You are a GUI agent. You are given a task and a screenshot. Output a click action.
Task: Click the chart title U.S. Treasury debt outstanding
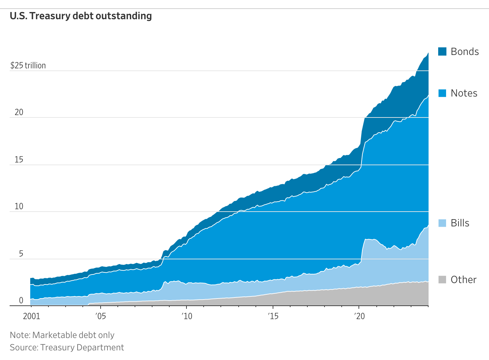coord(81,16)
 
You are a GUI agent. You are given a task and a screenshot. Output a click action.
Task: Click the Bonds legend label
coord(465,52)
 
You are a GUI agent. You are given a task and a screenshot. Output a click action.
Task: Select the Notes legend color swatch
coord(442,93)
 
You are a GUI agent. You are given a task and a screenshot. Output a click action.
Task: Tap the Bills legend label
coord(460,223)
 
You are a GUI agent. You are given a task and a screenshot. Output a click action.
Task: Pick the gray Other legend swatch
coord(442,280)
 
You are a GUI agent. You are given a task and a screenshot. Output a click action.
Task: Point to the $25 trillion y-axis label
coord(28,65)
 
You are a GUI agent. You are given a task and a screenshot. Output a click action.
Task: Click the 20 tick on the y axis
coord(19,112)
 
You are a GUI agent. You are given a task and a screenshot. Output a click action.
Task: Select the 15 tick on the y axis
coord(19,160)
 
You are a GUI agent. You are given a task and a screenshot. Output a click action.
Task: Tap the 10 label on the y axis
coord(19,206)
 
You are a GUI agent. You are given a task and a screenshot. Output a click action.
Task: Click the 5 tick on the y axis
coord(21,254)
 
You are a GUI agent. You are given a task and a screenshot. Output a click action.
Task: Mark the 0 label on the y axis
coord(21,301)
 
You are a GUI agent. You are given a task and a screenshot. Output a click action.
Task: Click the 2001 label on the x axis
coord(32,316)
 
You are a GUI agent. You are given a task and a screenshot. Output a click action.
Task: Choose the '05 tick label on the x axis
coord(100,316)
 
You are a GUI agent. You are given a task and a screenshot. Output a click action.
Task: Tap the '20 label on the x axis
coord(359,316)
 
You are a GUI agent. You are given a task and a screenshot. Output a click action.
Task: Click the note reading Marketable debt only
coord(62,335)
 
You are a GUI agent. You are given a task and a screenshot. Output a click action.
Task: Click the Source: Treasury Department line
coord(67,347)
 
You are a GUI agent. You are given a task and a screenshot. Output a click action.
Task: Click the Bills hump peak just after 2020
coord(367,239)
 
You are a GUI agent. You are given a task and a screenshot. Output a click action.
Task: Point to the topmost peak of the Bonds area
coord(428,53)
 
